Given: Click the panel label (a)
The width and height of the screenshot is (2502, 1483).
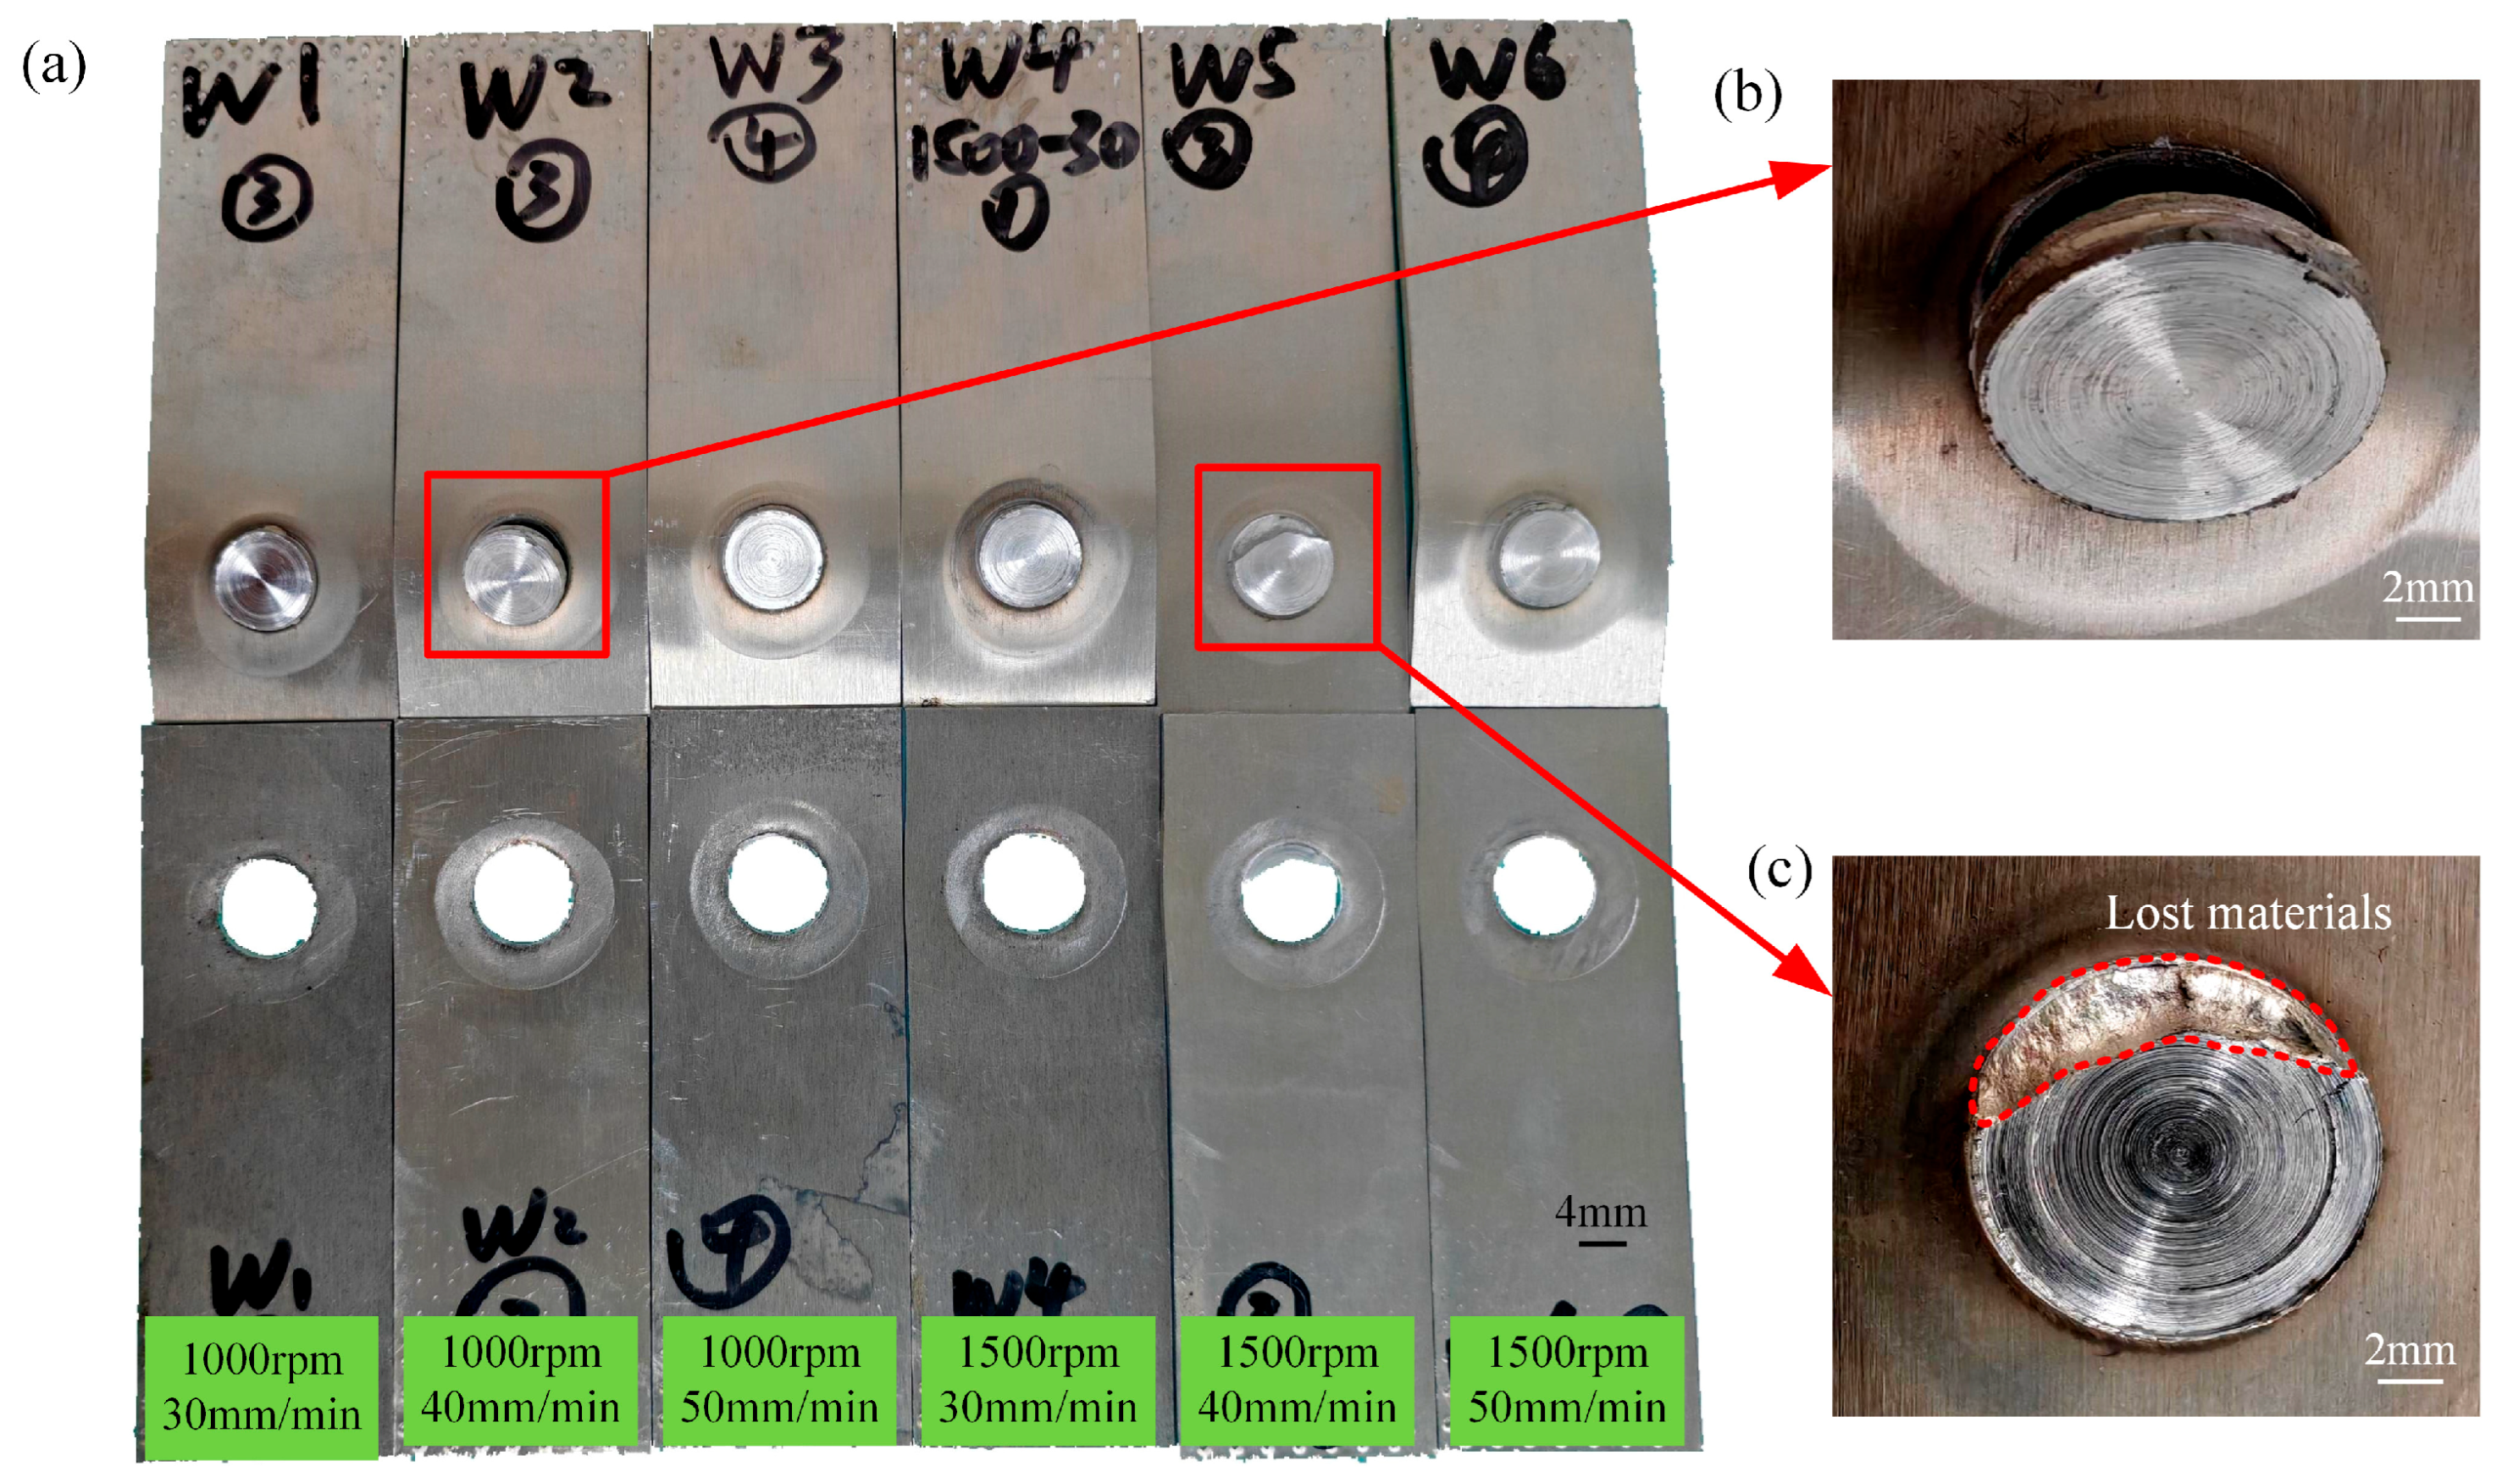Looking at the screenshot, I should pyautogui.click(x=54, y=66).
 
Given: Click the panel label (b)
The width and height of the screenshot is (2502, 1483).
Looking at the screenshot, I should pyautogui.click(x=1746, y=94).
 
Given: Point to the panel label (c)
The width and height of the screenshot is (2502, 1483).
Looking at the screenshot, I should pyautogui.click(x=1779, y=870).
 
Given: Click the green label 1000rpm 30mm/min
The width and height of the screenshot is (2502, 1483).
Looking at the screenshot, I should pyautogui.click(x=262, y=1387).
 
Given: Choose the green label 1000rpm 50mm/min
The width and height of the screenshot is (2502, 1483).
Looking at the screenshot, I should pyautogui.click(x=779, y=1381).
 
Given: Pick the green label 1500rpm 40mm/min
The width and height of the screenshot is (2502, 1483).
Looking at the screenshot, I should pyautogui.click(x=1297, y=1381).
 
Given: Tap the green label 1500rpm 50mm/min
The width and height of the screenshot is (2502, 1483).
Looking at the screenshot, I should pyautogui.click(x=1567, y=1381).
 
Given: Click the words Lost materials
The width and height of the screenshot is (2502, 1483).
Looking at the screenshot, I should pyautogui.click(x=2248, y=913).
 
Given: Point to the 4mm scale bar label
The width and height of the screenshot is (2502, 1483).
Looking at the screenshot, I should pyautogui.click(x=1601, y=1213).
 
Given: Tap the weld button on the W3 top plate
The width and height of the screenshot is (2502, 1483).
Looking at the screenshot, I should pyautogui.click(x=773, y=556).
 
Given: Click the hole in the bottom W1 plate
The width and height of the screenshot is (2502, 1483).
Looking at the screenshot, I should pyautogui.click(x=268, y=905).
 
